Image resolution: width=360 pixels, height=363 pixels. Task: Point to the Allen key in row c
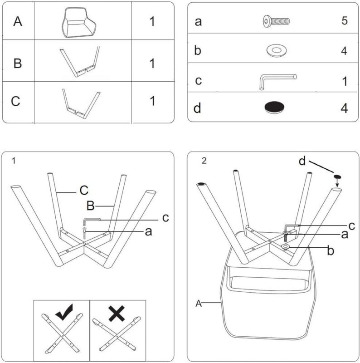[x=277, y=81]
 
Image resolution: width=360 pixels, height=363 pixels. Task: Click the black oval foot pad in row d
[x=275, y=107]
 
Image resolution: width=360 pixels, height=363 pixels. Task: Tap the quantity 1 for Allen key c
[x=345, y=81]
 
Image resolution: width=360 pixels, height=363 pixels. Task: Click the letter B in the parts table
[x=18, y=63]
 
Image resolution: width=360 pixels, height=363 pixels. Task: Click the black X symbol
[x=117, y=313]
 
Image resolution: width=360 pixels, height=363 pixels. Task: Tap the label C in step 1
[x=83, y=189]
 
